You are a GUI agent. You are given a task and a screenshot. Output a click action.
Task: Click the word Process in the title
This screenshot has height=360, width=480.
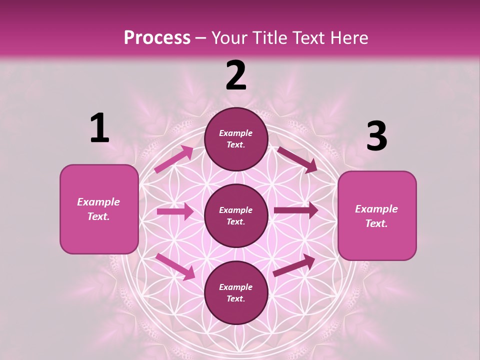coord(157,38)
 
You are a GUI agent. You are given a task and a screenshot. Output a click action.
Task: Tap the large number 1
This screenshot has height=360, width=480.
coord(99,128)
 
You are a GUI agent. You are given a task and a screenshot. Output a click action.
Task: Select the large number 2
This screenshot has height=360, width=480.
coord(236,75)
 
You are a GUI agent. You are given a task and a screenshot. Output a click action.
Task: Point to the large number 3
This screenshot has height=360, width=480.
coord(376,136)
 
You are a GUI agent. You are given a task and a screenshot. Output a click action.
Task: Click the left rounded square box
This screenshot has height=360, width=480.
coord(99,209)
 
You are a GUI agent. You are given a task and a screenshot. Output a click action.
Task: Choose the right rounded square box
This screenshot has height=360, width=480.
coord(377,215)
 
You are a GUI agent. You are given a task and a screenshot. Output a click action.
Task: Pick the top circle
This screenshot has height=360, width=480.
coord(236,139)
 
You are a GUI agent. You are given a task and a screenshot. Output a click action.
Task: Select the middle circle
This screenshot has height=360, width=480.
coord(236,216)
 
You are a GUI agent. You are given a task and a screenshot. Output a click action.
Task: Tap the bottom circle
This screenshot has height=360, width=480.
coord(236,293)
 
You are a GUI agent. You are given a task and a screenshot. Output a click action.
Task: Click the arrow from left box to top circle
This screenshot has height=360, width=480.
coord(174,159)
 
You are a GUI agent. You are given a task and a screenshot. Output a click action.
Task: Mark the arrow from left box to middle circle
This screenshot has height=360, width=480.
coord(175,211)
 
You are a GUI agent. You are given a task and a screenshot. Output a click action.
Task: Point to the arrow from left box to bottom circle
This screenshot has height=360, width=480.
coord(175,266)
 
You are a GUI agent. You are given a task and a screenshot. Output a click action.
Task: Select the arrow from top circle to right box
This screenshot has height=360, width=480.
coord(297,159)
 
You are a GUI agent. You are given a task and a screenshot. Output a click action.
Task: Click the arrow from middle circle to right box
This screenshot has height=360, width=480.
coord(295,210)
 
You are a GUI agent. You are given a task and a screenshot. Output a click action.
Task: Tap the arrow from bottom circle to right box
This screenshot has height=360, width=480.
coord(294,265)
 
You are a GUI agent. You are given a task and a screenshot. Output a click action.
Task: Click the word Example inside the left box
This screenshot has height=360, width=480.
coord(98,202)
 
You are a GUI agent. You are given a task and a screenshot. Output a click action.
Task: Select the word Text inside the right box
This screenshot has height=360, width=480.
coord(376,223)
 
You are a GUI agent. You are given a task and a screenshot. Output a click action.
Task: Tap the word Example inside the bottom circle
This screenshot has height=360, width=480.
coord(236,287)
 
